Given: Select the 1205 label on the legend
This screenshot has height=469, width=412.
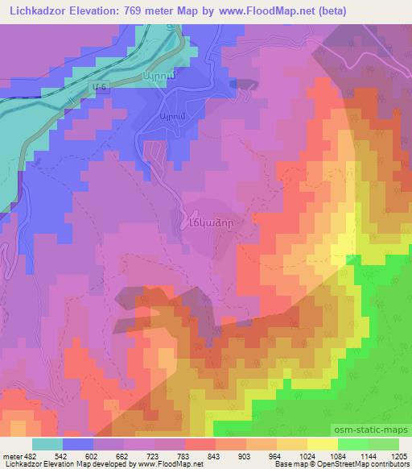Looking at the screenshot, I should point(399,456).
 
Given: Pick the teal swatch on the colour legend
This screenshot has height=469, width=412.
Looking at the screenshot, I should point(47,444).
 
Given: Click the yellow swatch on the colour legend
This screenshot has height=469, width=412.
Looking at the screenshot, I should point(321,444).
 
